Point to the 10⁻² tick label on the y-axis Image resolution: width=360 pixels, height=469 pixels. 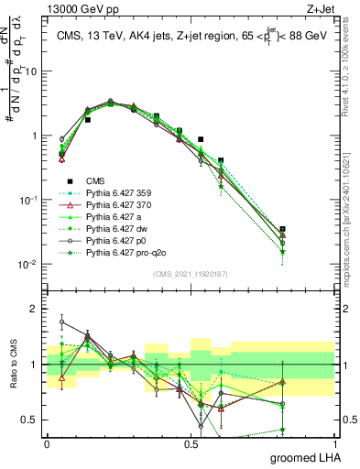[29, 265]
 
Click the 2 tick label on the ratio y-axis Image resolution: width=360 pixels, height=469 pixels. [34, 309]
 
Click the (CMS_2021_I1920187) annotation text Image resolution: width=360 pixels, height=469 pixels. [191, 273]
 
